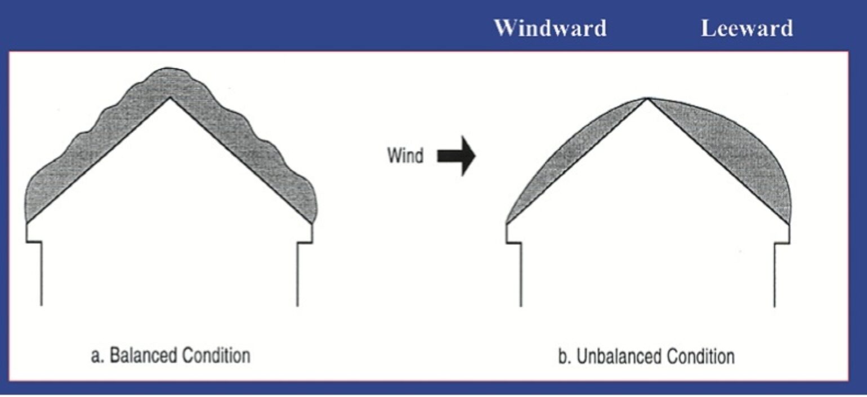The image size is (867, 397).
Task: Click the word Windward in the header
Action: pos(550,28)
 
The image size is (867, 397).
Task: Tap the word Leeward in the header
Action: pos(747,28)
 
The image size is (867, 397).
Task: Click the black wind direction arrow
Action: pos(457,155)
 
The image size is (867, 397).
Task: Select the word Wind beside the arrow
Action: pos(405,155)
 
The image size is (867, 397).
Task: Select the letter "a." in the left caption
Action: pos(97,356)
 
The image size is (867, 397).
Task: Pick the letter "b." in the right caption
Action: pos(564,357)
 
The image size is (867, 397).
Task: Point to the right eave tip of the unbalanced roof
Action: pos(789,224)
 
